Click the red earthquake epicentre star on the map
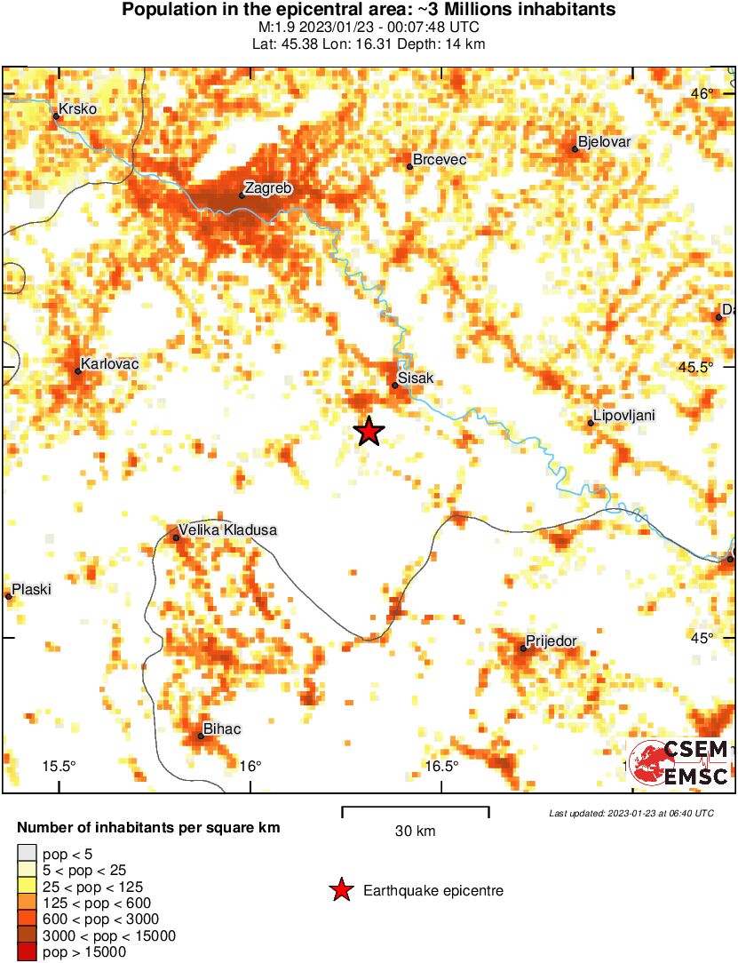click(369, 432)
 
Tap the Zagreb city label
click(267, 188)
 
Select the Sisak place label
click(416, 378)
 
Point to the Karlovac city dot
click(78, 371)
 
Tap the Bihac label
click(222, 730)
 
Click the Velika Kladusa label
click(227, 530)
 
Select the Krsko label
click(77, 109)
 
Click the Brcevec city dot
click(409, 166)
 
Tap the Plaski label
click(31, 589)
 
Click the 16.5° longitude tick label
click(441, 767)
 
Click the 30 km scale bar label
click(415, 832)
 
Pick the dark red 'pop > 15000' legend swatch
click(28, 952)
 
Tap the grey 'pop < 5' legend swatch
click(28, 855)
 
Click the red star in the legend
click(340, 890)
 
